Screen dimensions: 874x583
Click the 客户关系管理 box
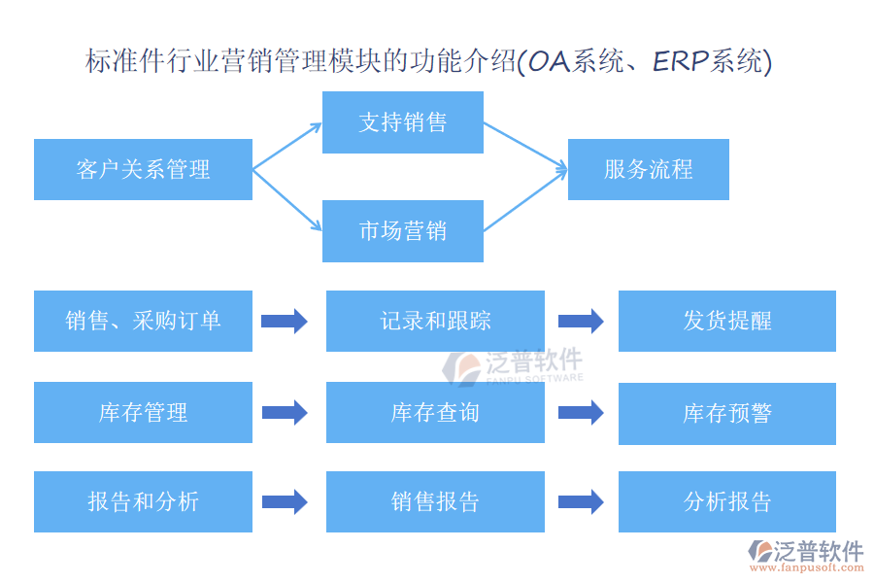pos(144,170)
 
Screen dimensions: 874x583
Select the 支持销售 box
pos(403,122)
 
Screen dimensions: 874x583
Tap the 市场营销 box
pos(403,231)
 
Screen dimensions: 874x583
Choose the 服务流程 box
pos(649,170)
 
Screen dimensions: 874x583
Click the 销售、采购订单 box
pos(144,321)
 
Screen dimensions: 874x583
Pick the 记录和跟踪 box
pos(435,321)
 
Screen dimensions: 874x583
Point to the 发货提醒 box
pos(727,321)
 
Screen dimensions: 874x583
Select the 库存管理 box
pos(144,412)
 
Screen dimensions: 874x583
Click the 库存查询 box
pos(435,412)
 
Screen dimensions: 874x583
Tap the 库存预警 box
pos(727,413)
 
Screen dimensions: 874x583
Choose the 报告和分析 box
pos(144,501)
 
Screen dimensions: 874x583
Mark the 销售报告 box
pos(435,501)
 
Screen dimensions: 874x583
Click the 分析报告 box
pos(727,501)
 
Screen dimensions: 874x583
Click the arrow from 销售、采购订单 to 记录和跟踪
pos(285,321)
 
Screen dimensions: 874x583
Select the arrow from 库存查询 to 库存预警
pos(581,412)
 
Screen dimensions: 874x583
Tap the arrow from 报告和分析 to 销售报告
pos(285,501)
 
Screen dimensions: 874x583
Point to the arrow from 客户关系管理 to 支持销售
pos(287,146)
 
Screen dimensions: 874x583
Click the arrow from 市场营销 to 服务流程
pos(525,200)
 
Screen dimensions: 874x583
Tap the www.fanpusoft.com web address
pos(807,567)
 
